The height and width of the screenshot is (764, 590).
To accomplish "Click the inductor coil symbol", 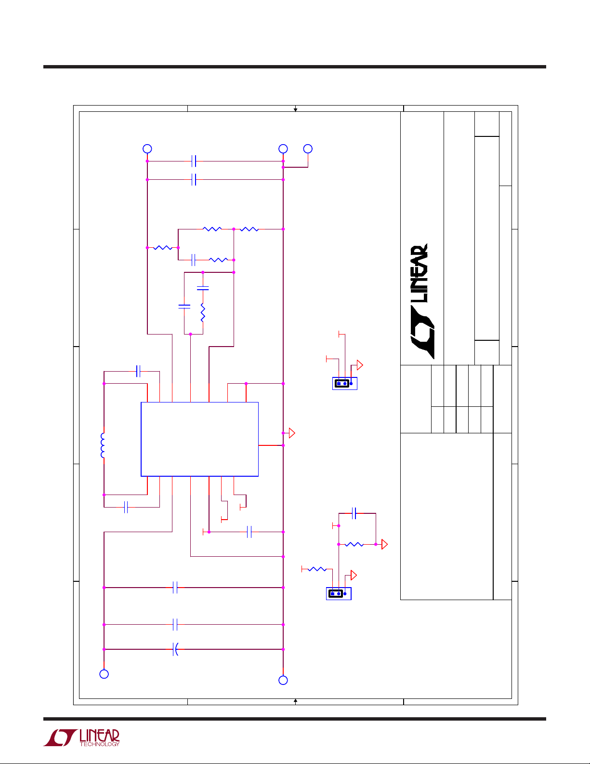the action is click(103, 445).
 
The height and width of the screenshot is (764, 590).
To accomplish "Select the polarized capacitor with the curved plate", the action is click(176, 649).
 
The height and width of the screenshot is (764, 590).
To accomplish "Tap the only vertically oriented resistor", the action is click(203, 312).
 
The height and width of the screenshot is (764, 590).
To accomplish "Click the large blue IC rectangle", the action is click(199, 439).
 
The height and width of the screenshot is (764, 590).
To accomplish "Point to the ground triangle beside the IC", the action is click(292, 433).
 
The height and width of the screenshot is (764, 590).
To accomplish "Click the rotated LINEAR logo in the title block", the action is click(422, 301).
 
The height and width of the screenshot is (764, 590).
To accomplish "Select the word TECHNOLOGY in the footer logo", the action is click(100, 744).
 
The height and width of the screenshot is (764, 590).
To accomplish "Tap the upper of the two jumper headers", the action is click(344, 383).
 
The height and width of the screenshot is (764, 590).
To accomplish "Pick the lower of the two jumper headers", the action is click(339, 593).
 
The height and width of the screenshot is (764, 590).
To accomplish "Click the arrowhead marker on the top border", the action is click(295, 110).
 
